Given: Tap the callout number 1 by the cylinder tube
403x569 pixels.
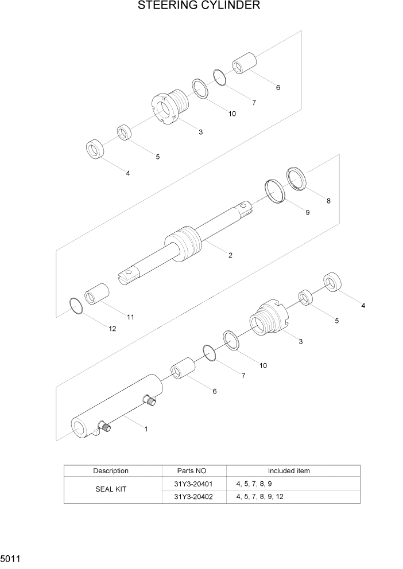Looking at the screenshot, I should pos(146,428).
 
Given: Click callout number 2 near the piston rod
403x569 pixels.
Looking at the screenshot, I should pos(230,255).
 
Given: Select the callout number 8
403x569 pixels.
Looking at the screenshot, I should pos(328,201).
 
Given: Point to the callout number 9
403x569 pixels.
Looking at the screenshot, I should pos(307,212).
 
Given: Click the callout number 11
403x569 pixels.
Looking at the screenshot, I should pos(130,317).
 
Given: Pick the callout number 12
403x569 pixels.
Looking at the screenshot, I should pos(112,329).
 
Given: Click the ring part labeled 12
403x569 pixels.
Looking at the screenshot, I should pos(76,306).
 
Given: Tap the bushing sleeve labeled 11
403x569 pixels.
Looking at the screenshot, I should pos(97,294).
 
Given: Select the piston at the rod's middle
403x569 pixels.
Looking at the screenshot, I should pos(184,244).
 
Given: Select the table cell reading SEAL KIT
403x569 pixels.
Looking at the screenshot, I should pos(111,490).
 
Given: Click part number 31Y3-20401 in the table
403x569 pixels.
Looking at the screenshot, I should pos(193,484).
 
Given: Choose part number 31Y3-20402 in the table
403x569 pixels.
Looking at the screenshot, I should pos(193,497).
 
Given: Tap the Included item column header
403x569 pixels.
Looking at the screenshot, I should pos(289,471).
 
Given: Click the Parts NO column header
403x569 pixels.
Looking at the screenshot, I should pos(193,471).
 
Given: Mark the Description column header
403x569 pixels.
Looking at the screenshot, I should pos(111,471).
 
